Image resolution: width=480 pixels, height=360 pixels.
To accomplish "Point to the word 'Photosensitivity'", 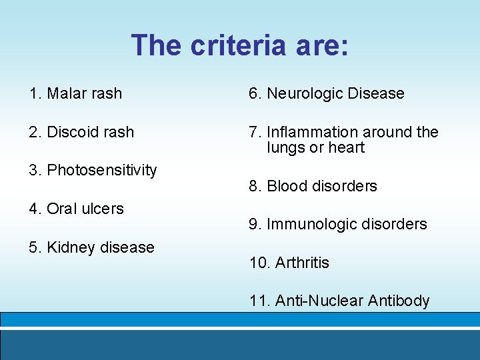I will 101,171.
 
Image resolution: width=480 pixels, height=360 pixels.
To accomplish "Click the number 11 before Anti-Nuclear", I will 257,301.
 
